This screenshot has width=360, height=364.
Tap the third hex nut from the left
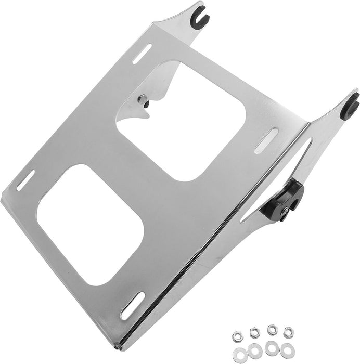(x=271, y=329)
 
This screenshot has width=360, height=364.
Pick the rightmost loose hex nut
(x=288, y=330)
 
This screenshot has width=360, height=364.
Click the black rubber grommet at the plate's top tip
(x=200, y=18)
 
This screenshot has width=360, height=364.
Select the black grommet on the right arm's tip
(x=350, y=108)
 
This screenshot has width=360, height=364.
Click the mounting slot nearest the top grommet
(x=142, y=54)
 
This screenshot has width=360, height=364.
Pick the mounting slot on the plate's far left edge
(x=25, y=180)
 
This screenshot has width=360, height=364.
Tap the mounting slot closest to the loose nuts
(x=132, y=305)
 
